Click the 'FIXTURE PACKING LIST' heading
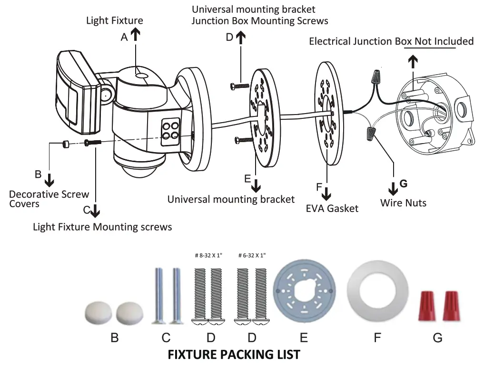click(x=234, y=355)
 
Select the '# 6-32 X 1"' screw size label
click(x=252, y=256)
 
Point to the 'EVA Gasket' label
click(x=332, y=208)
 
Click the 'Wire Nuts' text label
click(x=403, y=203)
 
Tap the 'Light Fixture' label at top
click(x=114, y=20)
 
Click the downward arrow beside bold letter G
click(x=393, y=189)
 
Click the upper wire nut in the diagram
click(x=378, y=76)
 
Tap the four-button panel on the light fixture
click(x=170, y=130)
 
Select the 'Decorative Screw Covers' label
click(x=49, y=199)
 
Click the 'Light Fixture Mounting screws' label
click(x=102, y=227)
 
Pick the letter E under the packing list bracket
click(x=304, y=337)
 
